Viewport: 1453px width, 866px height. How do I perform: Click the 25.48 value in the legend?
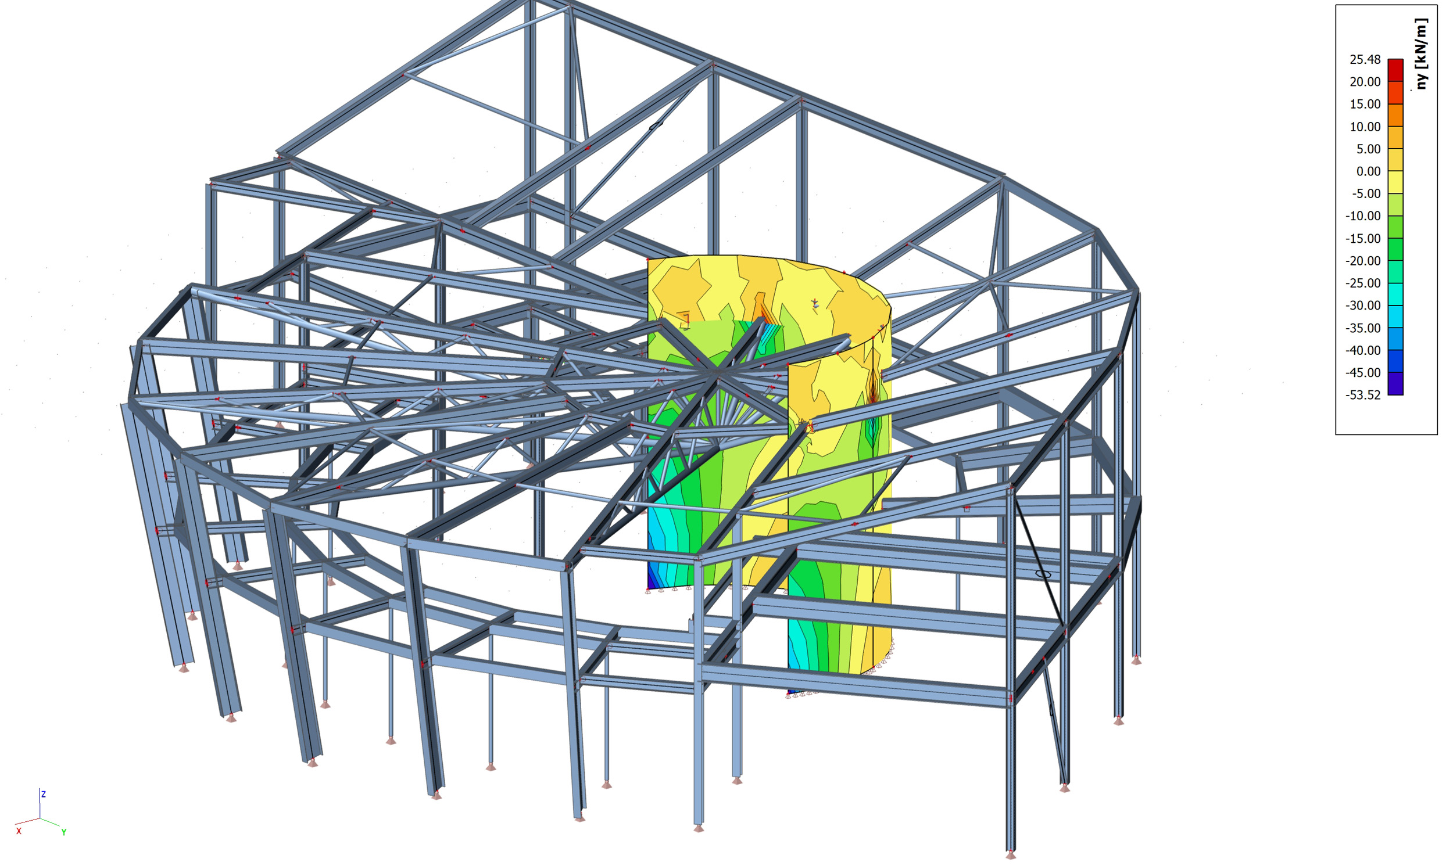pos(1365,59)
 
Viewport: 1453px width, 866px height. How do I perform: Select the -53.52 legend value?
pos(1363,395)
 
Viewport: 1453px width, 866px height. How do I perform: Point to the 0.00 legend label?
pos(1368,171)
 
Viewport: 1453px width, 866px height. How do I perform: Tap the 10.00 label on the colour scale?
pos(1365,127)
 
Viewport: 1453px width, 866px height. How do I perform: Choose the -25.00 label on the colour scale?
pos(1363,283)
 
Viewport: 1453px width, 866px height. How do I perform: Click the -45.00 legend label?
pos(1363,373)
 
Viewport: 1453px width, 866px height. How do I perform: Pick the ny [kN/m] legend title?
pos(1421,53)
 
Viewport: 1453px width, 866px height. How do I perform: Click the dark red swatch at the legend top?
pos(1395,70)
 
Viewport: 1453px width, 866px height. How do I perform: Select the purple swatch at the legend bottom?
pos(1395,384)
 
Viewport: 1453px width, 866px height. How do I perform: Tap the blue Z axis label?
pos(43,794)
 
